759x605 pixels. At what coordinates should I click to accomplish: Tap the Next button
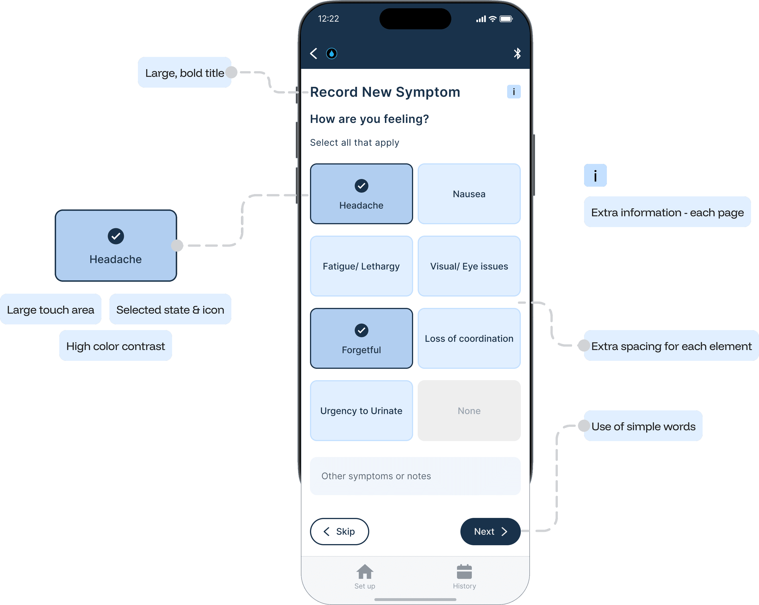tap(490, 531)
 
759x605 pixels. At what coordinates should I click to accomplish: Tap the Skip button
tap(339, 531)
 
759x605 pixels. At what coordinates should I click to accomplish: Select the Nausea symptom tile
tap(469, 194)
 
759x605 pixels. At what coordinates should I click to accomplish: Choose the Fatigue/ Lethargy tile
tap(361, 266)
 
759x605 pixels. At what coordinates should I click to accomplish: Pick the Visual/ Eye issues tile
tap(469, 266)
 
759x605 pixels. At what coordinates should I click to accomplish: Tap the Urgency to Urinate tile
tap(361, 411)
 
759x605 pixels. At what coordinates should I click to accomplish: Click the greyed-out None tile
tap(469, 411)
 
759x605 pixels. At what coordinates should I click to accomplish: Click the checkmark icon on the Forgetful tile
tap(361, 330)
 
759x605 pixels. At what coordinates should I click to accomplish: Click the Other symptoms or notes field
tap(415, 476)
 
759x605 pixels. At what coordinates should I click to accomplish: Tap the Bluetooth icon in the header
tap(517, 53)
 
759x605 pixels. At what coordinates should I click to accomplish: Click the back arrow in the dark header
tap(314, 53)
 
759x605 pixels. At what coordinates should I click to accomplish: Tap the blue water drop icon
tap(331, 53)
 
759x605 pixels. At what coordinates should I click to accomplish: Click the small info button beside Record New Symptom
tap(514, 92)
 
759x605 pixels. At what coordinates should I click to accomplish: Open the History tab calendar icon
tap(464, 572)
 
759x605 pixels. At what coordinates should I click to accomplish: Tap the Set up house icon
tap(365, 572)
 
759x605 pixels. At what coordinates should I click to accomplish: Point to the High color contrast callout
tap(115, 346)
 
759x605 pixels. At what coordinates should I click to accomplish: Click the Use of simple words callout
tap(643, 426)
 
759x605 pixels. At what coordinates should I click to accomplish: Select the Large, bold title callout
tap(184, 73)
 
